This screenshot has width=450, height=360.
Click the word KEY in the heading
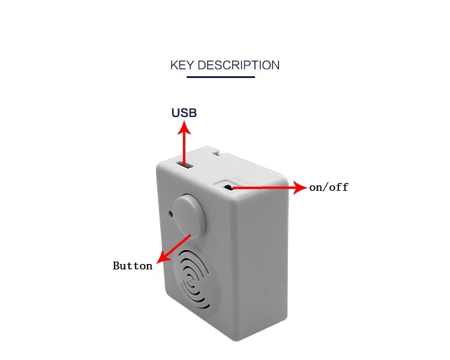pos(182,65)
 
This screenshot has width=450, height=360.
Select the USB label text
pos(184,112)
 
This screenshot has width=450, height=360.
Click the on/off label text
pos(329,187)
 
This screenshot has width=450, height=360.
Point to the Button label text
pos(133,265)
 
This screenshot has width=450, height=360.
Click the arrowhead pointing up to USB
pos(185,127)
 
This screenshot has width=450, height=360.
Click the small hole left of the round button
pos(171,213)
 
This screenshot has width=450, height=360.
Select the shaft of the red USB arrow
pos(185,147)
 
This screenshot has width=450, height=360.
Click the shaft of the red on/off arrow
pos(264,188)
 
